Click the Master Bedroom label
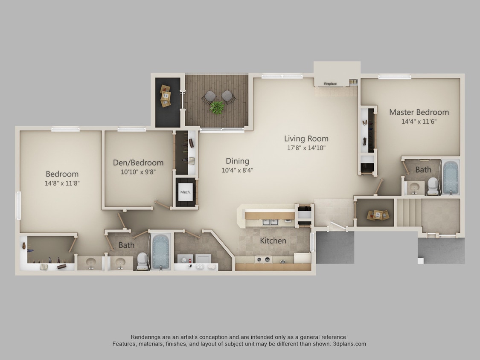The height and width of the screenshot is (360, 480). click(x=419, y=112)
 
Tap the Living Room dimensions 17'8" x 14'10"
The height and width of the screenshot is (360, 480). click(x=306, y=148)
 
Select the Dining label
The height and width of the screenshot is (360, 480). click(x=237, y=161)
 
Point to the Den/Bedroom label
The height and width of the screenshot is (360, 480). click(x=138, y=163)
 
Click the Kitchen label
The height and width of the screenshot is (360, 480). click(x=273, y=241)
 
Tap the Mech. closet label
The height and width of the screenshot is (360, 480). click(x=185, y=192)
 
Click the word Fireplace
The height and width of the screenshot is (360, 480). click(x=330, y=84)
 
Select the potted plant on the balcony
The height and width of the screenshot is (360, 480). click(x=217, y=107)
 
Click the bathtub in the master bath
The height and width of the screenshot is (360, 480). click(x=450, y=177)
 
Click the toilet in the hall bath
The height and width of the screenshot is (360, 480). click(x=142, y=261)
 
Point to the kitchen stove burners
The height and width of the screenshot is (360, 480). click(x=264, y=259)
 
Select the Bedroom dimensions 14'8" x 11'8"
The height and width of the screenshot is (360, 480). click(x=62, y=183)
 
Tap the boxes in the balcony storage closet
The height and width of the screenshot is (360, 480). click(x=165, y=96)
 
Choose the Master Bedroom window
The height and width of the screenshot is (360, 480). click(x=394, y=77)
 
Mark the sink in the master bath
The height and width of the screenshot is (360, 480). click(x=413, y=187)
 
